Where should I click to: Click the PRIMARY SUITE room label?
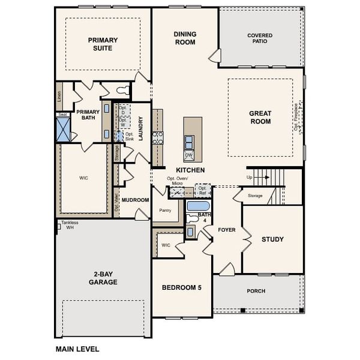pos(103,44)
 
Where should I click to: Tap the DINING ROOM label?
pos(185,38)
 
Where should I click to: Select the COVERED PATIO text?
pos(260,39)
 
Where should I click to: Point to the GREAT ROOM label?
pos(260,118)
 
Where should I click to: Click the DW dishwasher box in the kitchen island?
pos(188,155)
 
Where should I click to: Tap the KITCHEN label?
pos(190,170)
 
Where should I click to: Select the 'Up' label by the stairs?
pos(249,178)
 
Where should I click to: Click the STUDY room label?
pos(272,239)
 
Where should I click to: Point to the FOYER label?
pos(226,230)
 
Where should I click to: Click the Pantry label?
pos(165,211)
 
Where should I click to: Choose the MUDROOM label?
pos(135,200)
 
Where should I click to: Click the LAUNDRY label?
pos(140,128)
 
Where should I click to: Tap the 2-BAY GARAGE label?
pos(103,278)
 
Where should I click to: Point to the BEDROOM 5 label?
pos(181,287)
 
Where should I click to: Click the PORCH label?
pos(256,291)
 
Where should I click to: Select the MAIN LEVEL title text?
pos(77,349)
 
